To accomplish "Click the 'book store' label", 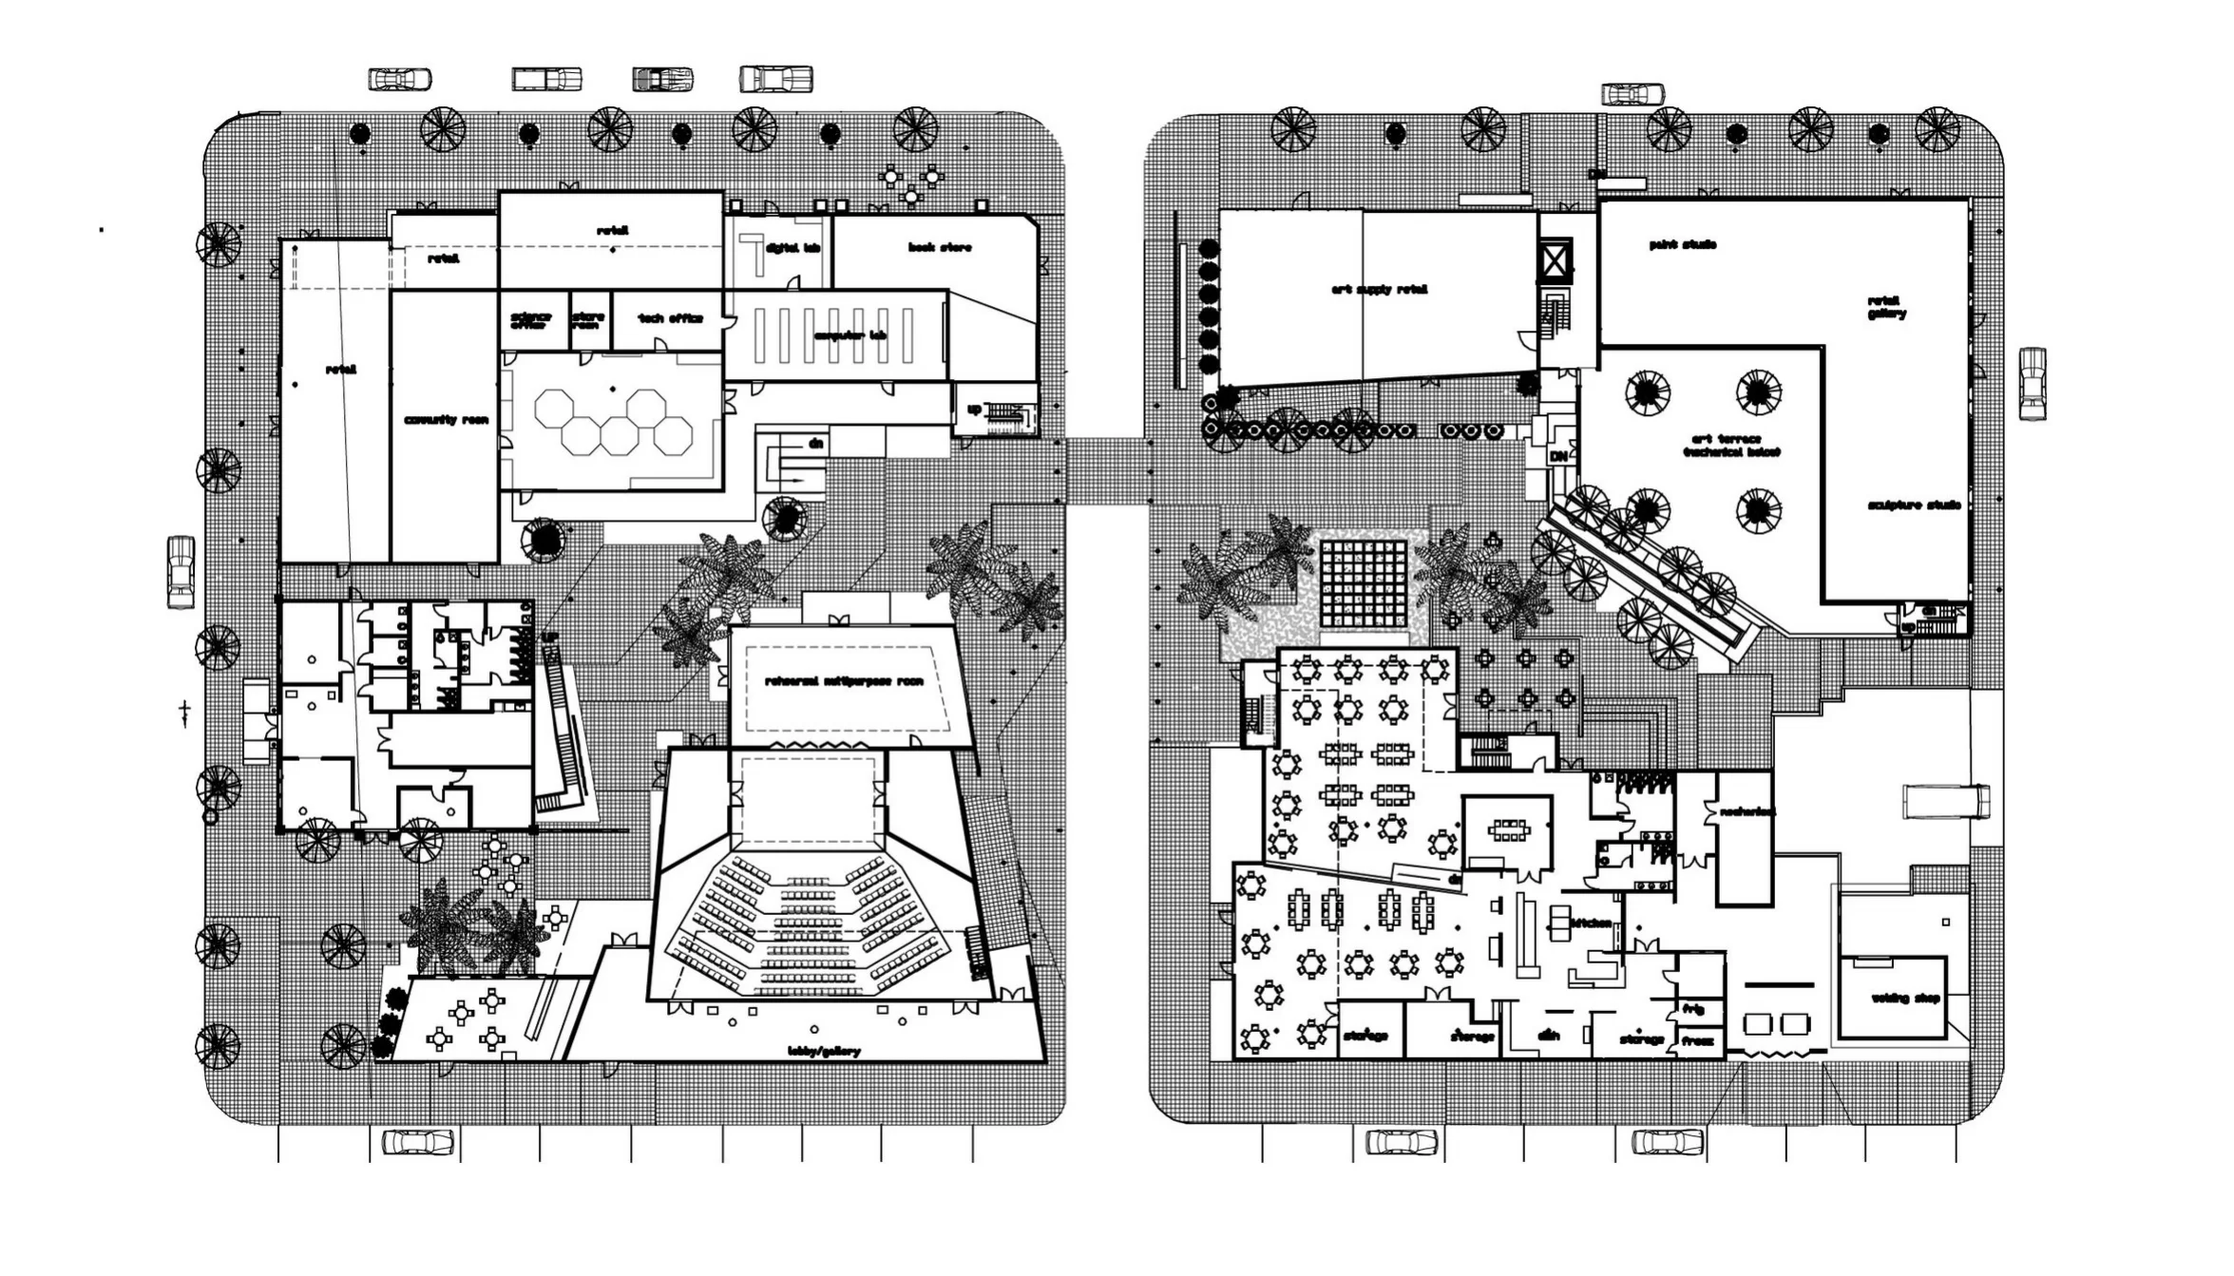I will pyautogui.click(x=939, y=248).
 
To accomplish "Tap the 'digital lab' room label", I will pyautogui.click(x=792, y=248).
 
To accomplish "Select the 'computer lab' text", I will pyautogui.click(x=850, y=335).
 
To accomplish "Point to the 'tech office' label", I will pyautogui.click(x=670, y=318).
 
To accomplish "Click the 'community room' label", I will pyautogui.click(x=446, y=420).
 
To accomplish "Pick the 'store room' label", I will pyautogui.click(x=588, y=321).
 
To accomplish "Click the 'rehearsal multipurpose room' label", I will pyautogui.click(x=844, y=681).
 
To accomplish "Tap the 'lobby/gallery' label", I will pyautogui.click(x=824, y=1051).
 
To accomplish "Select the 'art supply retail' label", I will pyautogui.click(x=1379, y=290).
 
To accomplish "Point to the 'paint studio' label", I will pyautogui.click(x=1682, y=245).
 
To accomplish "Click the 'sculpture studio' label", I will pyautogui.click(x=1914, y=505).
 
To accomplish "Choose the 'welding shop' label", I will pyautogui.click(x=1904, y=999).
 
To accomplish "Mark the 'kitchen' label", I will pyautogui.click(x=1591, y=923).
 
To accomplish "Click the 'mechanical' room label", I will pyautogui.click(x=1747, y=811).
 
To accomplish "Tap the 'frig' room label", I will pyautogui.click(x=1692, y=1009).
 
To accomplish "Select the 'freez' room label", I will pyautogui.click(x=1696, y=1041).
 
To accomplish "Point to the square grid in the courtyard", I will pyautogui.click(x=1363, y=582).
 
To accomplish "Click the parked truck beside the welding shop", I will pyautogui.click(x=1945, y=801).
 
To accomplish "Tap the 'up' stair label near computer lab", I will pyautogui.click(x=974, y=409).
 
